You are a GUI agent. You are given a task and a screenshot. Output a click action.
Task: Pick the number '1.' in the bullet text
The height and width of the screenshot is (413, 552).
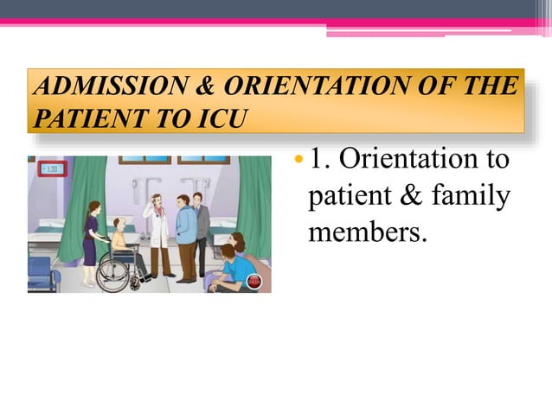[322, 161]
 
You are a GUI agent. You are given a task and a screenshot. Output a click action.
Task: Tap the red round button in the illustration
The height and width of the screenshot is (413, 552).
[254, 281]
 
